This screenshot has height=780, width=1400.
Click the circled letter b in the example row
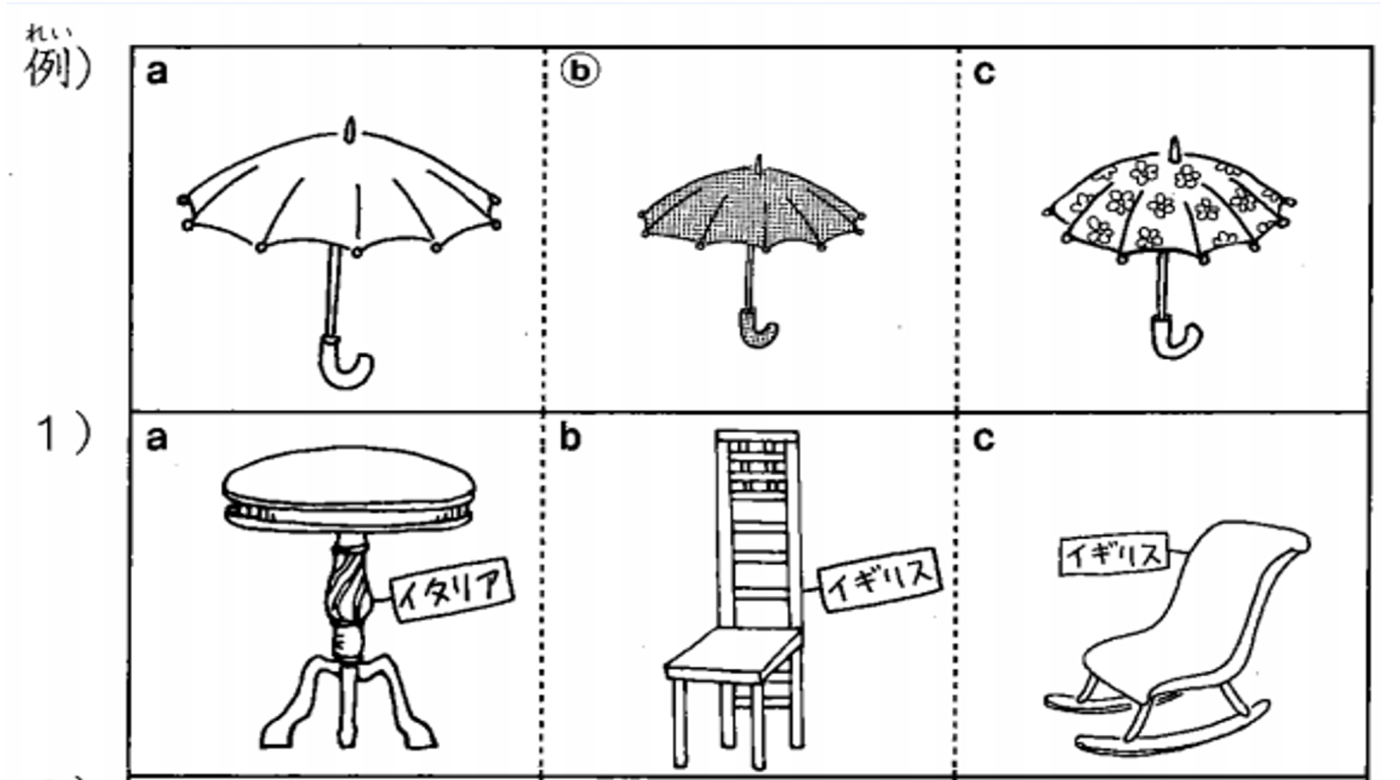[x=579, y=71]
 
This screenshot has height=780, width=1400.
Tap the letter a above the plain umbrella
[x=156, y=73]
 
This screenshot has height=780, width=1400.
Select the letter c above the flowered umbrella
[x=984, y=73]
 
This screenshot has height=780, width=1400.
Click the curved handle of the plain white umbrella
[x=344, y=364]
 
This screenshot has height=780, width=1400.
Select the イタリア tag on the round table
[x=452, y=590]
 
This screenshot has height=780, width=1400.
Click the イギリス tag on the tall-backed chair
[x=880, y=578]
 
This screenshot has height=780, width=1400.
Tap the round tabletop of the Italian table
[x=348, y=489]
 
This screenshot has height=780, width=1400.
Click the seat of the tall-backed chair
[x=733, y=656]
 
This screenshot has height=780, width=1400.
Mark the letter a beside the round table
[x=156, y=440]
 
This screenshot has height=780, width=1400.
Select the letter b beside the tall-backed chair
[x=570, y=437]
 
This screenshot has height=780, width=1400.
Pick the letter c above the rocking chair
[x=984, y=440]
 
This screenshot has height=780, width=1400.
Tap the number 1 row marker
[x=47, y=434]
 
